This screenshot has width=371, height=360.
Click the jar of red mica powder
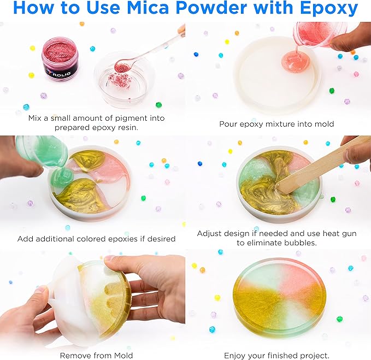pos(60,61)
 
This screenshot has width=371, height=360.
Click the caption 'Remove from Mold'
pos(96,356)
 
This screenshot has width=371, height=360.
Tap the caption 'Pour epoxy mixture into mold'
pos(276,124)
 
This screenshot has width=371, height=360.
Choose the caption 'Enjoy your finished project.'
pos(278,356)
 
